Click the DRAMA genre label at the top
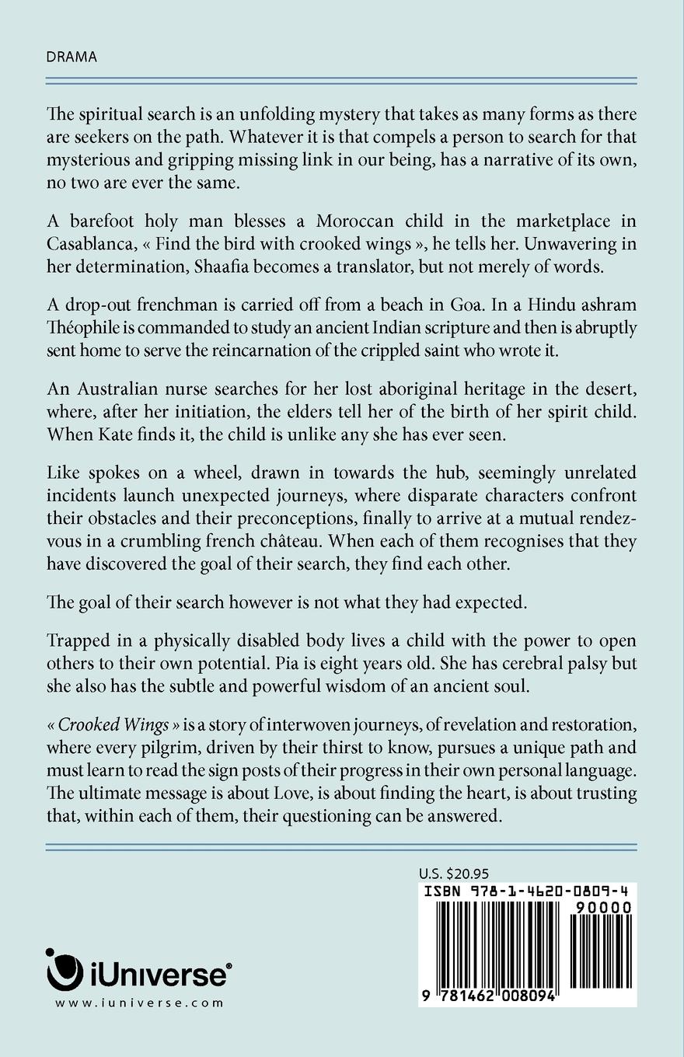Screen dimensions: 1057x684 (x=72, y=57)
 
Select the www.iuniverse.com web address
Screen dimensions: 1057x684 (x=140, y=1003)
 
